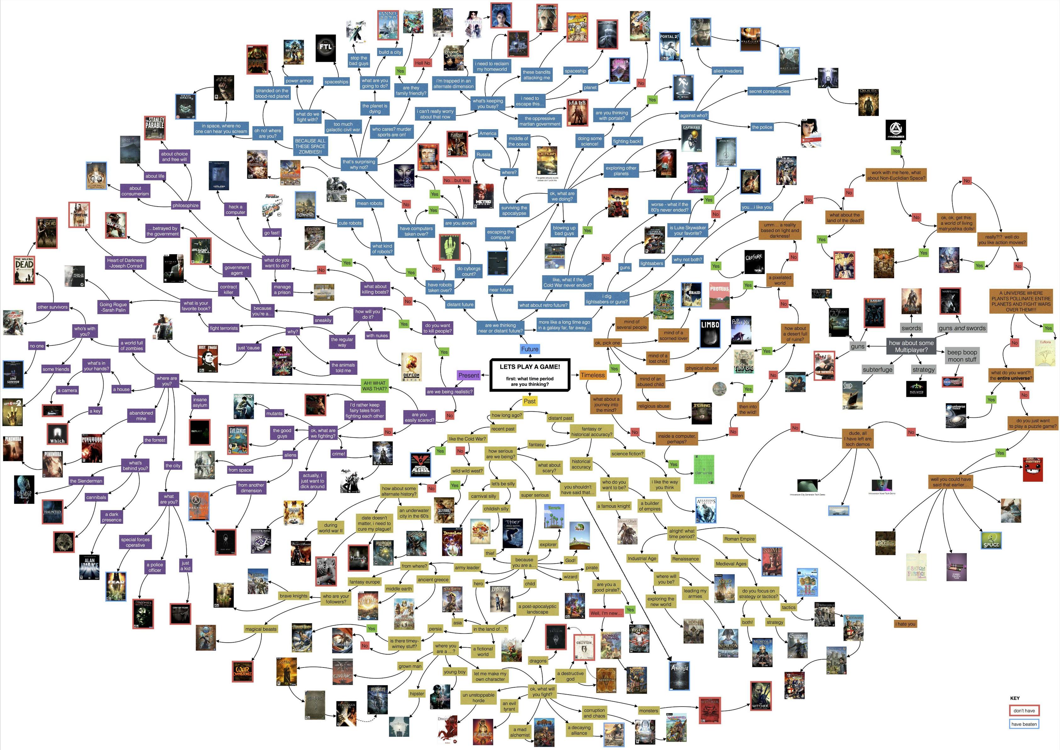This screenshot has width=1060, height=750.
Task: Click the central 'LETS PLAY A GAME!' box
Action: click(530, 374)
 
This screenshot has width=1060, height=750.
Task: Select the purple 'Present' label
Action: click(469, 375)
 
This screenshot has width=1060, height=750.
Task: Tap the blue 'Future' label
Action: click(530, 349)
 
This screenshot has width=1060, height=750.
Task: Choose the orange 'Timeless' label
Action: click(592, 375)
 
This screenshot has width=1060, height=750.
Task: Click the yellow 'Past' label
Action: click(530, 401)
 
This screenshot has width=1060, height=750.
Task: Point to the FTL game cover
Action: click(325, 48)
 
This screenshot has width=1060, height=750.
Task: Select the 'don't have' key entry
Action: click(1024, 710)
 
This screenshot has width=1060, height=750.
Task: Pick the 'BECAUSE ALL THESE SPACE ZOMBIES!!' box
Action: click(310, 146)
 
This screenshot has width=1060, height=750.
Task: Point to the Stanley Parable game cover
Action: click(155, 128)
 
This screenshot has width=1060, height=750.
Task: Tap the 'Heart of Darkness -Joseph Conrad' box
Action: click(126, 263)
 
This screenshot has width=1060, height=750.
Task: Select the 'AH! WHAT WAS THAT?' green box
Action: click(375, 386)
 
